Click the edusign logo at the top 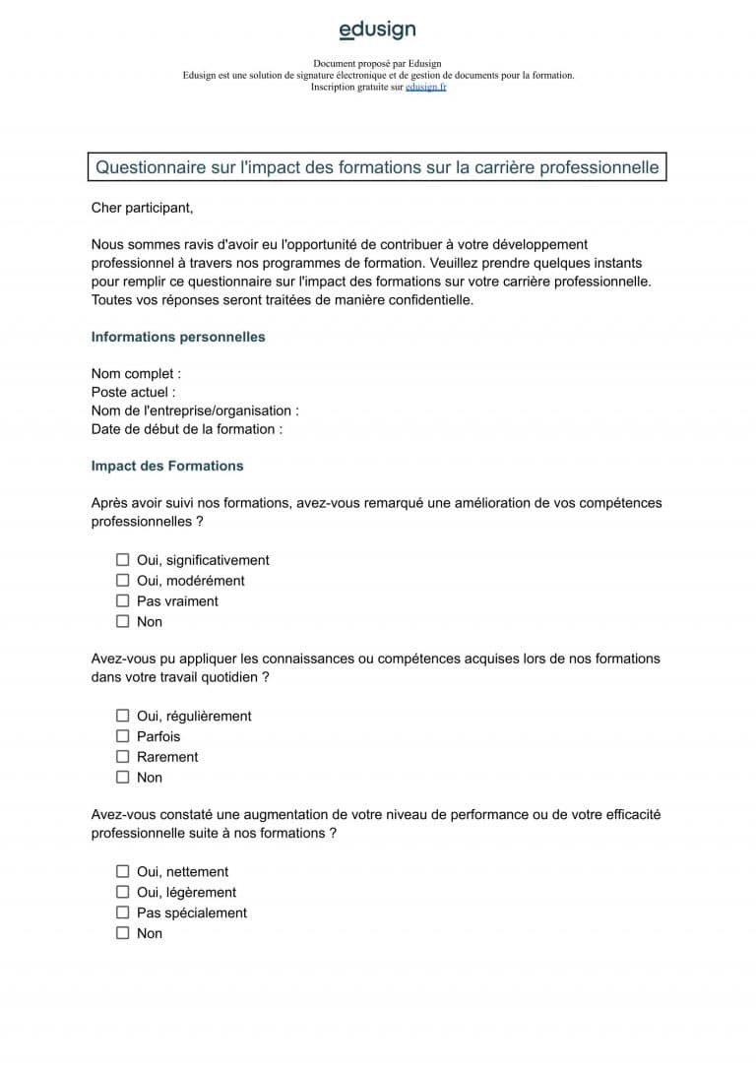377,31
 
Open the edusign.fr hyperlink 425,87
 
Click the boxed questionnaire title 377,167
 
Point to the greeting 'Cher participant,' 142,208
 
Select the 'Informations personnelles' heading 178,337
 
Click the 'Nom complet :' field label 136,374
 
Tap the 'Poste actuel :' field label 133,392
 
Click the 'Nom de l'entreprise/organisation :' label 195,410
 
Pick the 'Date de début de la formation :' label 187,429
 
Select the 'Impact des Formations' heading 167,466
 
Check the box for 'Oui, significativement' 123,560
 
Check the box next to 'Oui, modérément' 123,581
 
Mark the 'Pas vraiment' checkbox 123,600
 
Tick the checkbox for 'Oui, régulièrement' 123,716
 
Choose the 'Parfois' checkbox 123,736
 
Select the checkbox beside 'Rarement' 123,757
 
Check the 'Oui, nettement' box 123,871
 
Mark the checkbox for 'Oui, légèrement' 123,892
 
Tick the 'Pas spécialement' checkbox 123,912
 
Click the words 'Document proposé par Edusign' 377,64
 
